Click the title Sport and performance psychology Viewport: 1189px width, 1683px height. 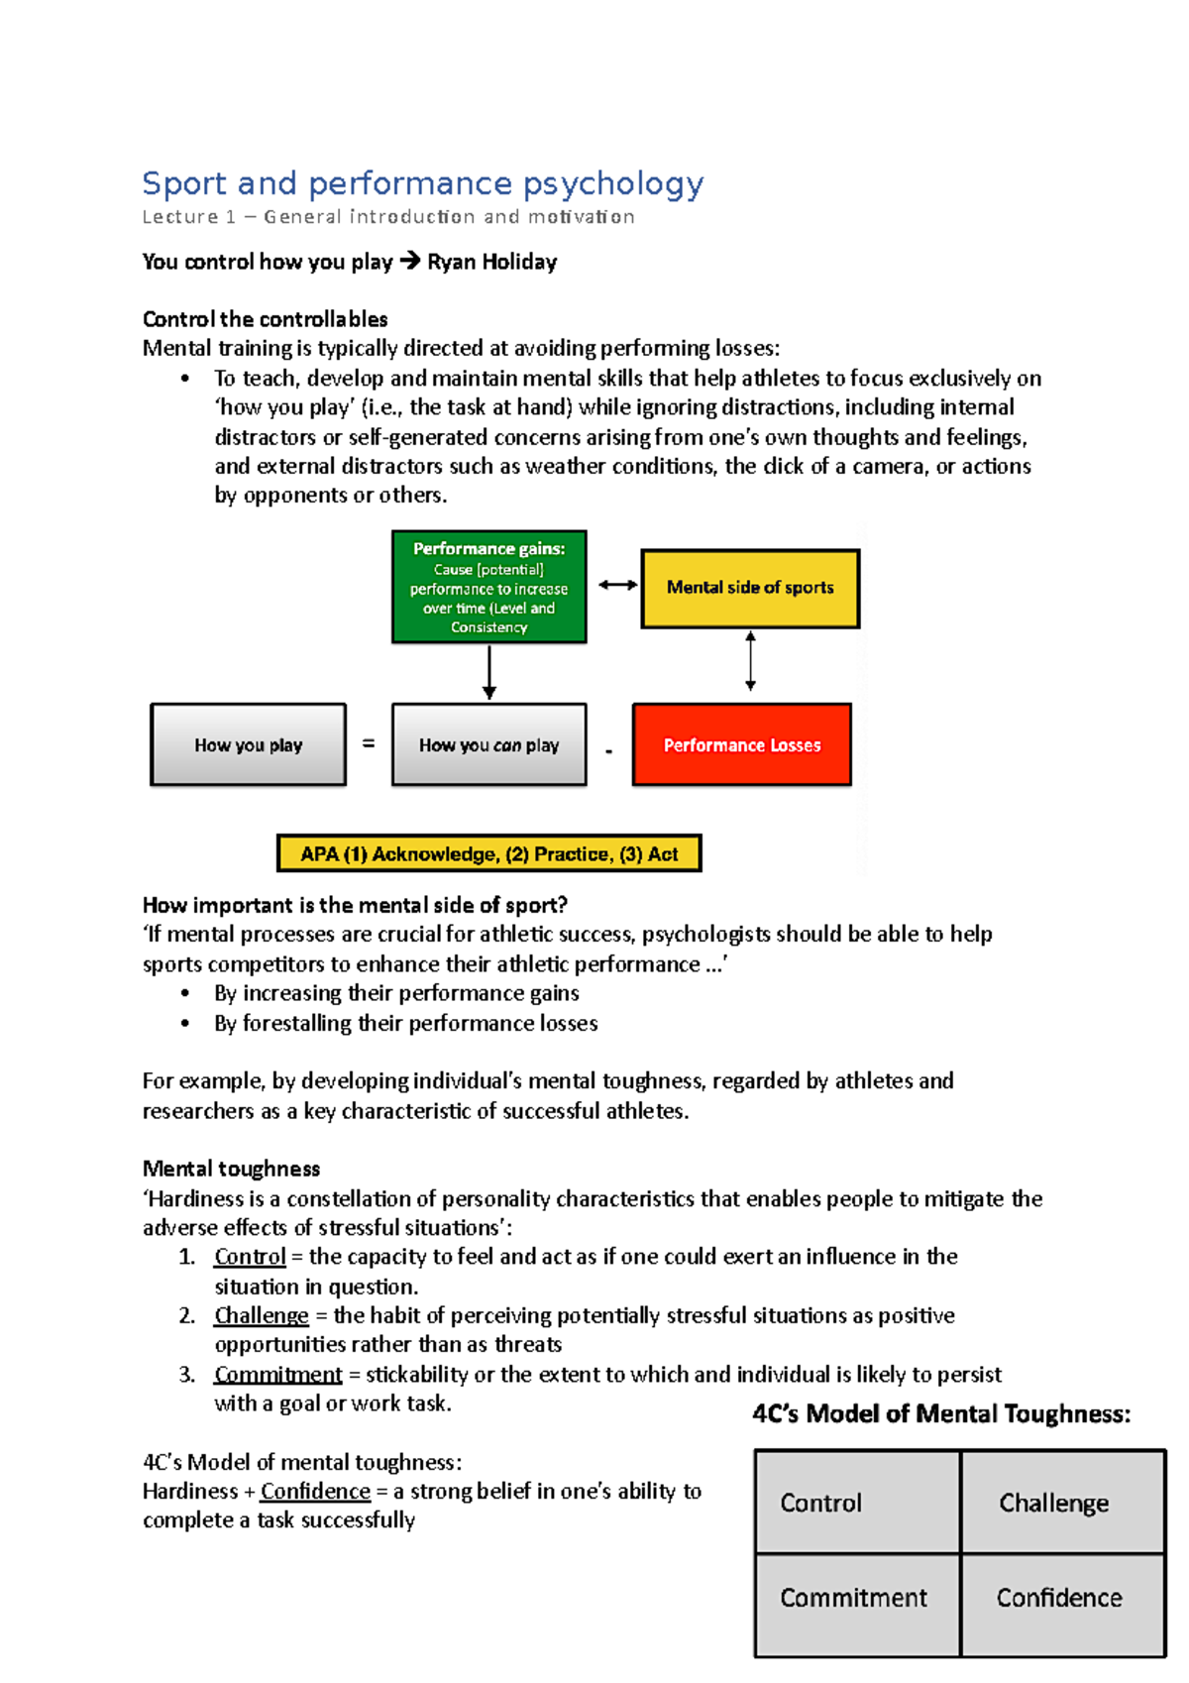point(422,183)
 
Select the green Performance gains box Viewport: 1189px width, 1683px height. point(488,587)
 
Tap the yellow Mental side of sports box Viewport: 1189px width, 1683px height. point(750,588)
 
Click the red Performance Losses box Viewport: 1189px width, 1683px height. point(741,744)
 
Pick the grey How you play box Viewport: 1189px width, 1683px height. point(248,744)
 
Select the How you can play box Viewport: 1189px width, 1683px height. point(488,744)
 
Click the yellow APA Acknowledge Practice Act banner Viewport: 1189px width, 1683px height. point(488,853)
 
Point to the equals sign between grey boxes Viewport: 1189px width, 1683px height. point(369,743)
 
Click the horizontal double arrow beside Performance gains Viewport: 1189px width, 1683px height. point(617,585)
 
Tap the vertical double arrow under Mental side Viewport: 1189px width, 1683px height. point(750,661)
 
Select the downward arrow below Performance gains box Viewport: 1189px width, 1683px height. point(488,674)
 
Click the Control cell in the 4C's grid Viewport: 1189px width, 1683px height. point(856,1502)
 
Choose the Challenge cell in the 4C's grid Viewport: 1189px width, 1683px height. point(1062,1502)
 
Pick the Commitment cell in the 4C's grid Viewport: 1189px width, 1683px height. point(856,1598)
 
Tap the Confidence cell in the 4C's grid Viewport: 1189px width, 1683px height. point(1062,1598)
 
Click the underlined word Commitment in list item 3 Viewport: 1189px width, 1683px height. point(277,1375)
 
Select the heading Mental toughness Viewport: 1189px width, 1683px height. point(231,1169)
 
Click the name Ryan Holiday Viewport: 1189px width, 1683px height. point(491,262)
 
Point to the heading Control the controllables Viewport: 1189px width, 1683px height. point(265,319)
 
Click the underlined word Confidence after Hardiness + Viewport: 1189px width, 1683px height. point(315,1492)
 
